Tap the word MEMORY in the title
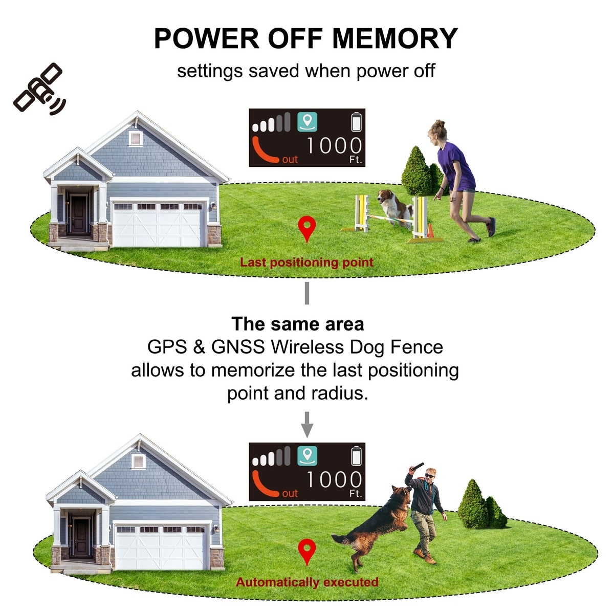pyautogui.click(x=395, y=38)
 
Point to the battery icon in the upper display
pyautogui.click(x=357, y=121)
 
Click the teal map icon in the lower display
pyautogui.click(x=307, y=456)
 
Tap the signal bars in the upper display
pyautogui.click(x=271, y=122)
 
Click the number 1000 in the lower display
pyautogui.click(x=334, y=479)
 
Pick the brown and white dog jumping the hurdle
pyautogui.click(x=395, y=208)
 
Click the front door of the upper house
pyautogui.click(x=78, y=214)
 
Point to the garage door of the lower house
pyautogui.click(x=161, y=547)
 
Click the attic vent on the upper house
pyautogui.click(x=136, y=138)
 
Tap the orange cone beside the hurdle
pyautogui.click(x=430, y=231)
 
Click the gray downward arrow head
pyautogui.click(x=307, y=431)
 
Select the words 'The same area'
pyautogui.click(x=298, y=324)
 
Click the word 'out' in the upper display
pyautogui.click(x=290, y=159)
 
